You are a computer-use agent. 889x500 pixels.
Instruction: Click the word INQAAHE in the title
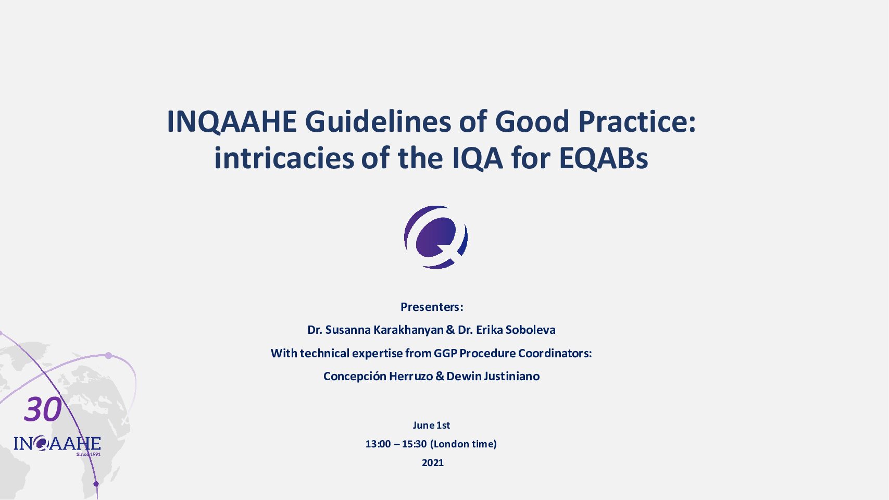click(x=232, y=122)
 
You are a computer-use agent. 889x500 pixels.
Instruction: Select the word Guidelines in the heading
click(x=378, y=122)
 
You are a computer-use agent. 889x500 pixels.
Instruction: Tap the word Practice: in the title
click(x=637, y=122)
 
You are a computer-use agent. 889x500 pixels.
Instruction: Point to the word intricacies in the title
click(x=284, y=158)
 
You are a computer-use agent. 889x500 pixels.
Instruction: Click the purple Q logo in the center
click(x=436, y=237)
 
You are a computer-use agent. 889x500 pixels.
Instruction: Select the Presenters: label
click(x=432, y=307)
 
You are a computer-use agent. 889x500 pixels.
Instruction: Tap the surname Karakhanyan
click(x=409, y=330)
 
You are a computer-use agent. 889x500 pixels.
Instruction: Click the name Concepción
click(x=355, y=376)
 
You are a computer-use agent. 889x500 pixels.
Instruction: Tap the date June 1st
click(x=431, y=426)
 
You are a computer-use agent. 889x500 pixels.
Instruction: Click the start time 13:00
click(x=378, y=444)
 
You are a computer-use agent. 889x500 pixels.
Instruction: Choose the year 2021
click(x=433, y=463)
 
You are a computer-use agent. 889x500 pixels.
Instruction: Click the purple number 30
click(x=43, y=409)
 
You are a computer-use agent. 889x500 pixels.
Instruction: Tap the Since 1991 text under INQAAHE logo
click(x=89, y=454)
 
